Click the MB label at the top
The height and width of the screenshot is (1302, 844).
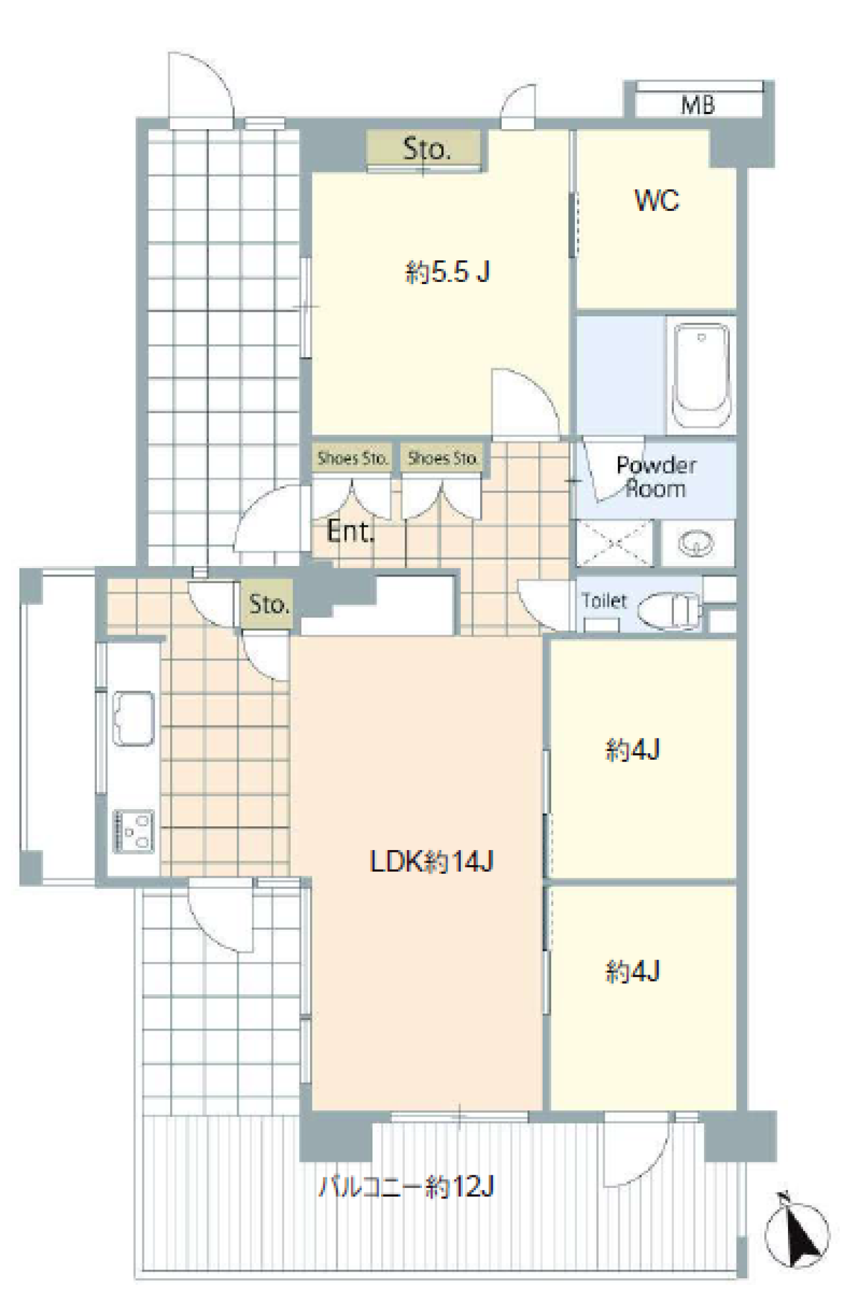[698, 105]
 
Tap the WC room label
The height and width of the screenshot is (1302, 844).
[657, 200]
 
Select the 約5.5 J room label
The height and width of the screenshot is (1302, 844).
[447, 271]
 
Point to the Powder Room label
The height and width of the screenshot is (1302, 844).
[655, 477]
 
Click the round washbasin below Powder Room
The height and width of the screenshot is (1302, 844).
[697, 544]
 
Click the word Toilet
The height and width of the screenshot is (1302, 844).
[604, 601]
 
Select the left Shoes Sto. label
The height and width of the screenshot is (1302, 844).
[352, 458]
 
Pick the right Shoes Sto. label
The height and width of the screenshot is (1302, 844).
[443, 458]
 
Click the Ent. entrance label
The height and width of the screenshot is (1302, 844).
[350, 531]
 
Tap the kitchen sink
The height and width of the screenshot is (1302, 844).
[133, 718]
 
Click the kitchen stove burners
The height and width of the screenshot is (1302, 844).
[134, 831]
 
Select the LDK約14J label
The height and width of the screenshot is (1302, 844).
[431, 861]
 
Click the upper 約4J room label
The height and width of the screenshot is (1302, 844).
[632, 750]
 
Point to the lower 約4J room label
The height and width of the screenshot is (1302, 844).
[632, 971]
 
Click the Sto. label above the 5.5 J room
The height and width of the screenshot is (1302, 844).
[427, 150]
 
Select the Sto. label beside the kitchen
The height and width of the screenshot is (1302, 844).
[269, 604]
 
